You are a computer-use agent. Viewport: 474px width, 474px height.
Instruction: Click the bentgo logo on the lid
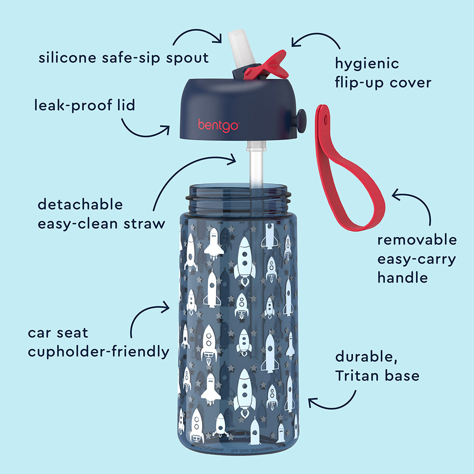219,125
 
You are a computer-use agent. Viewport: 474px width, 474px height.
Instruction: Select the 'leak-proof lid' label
84,105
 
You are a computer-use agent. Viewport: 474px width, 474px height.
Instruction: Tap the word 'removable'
417,240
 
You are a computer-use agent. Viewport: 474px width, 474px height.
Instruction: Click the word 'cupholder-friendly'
99,352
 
